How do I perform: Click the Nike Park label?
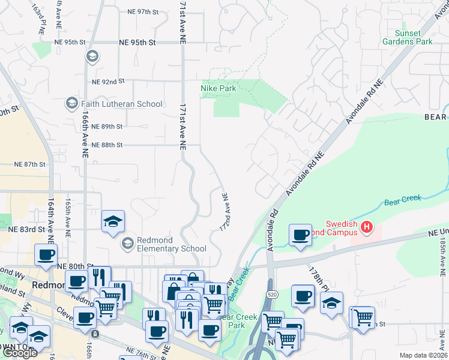click(218, 88)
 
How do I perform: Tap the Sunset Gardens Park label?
click(414, 37)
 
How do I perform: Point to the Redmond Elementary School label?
click(172, 244)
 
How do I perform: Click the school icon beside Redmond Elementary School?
click(128, 244)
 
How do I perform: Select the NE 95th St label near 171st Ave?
click(137, 43)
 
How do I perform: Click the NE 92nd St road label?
click(108, 80)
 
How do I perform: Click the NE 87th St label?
click(30, 164)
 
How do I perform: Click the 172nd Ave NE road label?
click(224, 213)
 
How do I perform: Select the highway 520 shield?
click(271, 295)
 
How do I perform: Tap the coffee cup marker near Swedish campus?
click(300, 235)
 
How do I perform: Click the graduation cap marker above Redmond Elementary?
click(112, 221)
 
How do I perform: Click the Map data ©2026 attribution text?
click(423, 355)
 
